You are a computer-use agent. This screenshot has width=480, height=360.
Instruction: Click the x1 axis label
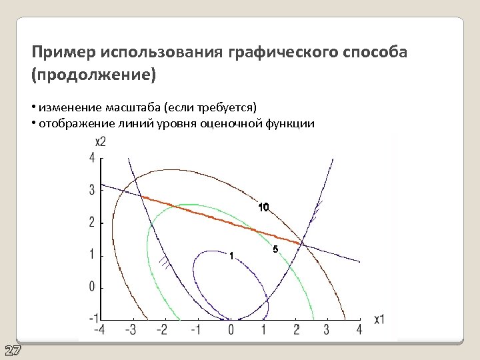click(379, 319)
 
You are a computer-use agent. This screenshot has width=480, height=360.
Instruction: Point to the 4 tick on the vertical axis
click(91, 158)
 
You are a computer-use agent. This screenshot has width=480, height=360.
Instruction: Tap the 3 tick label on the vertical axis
click(91, 190)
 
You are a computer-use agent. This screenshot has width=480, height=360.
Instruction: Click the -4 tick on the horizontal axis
click(99, 329)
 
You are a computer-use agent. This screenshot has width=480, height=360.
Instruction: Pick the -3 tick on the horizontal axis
click(131, 329)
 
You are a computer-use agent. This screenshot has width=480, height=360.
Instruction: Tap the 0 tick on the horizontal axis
click(231, 329)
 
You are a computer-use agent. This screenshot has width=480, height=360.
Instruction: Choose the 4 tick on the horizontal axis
click(359, 329)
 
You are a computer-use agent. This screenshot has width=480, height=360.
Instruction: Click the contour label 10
click(263, 207)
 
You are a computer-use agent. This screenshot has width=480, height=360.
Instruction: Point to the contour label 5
click(275, 250)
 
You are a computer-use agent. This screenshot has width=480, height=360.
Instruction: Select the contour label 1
click(230, 256)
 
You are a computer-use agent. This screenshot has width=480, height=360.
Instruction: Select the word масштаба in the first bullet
click(123, 107)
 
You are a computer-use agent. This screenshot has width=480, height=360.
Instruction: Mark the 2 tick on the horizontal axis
click(295, 329)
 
